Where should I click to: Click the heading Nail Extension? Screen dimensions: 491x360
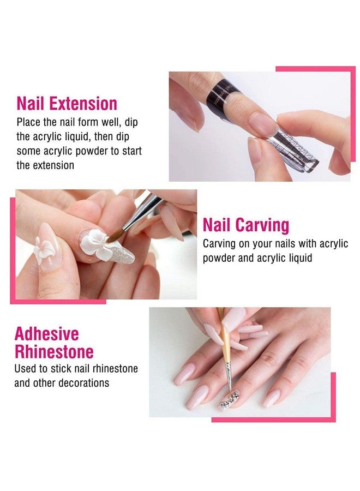click(x=67, y=104)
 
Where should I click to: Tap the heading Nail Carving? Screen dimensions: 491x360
click(x=246, y=225)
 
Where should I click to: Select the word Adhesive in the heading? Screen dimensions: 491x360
click(x=46, y=334)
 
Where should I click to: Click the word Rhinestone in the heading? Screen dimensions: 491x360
click(x=54, y=351)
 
